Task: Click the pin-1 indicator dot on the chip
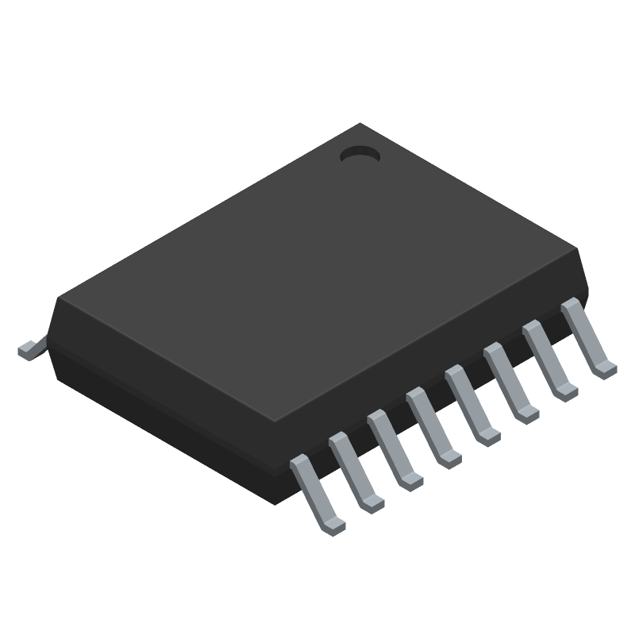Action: (360, 155)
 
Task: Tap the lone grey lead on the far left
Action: (29, 349)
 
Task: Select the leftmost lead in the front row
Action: (316, 492)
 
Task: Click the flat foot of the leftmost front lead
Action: (335, 525)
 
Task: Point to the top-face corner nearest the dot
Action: (362, 125)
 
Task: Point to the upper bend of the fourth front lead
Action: (414, 395)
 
